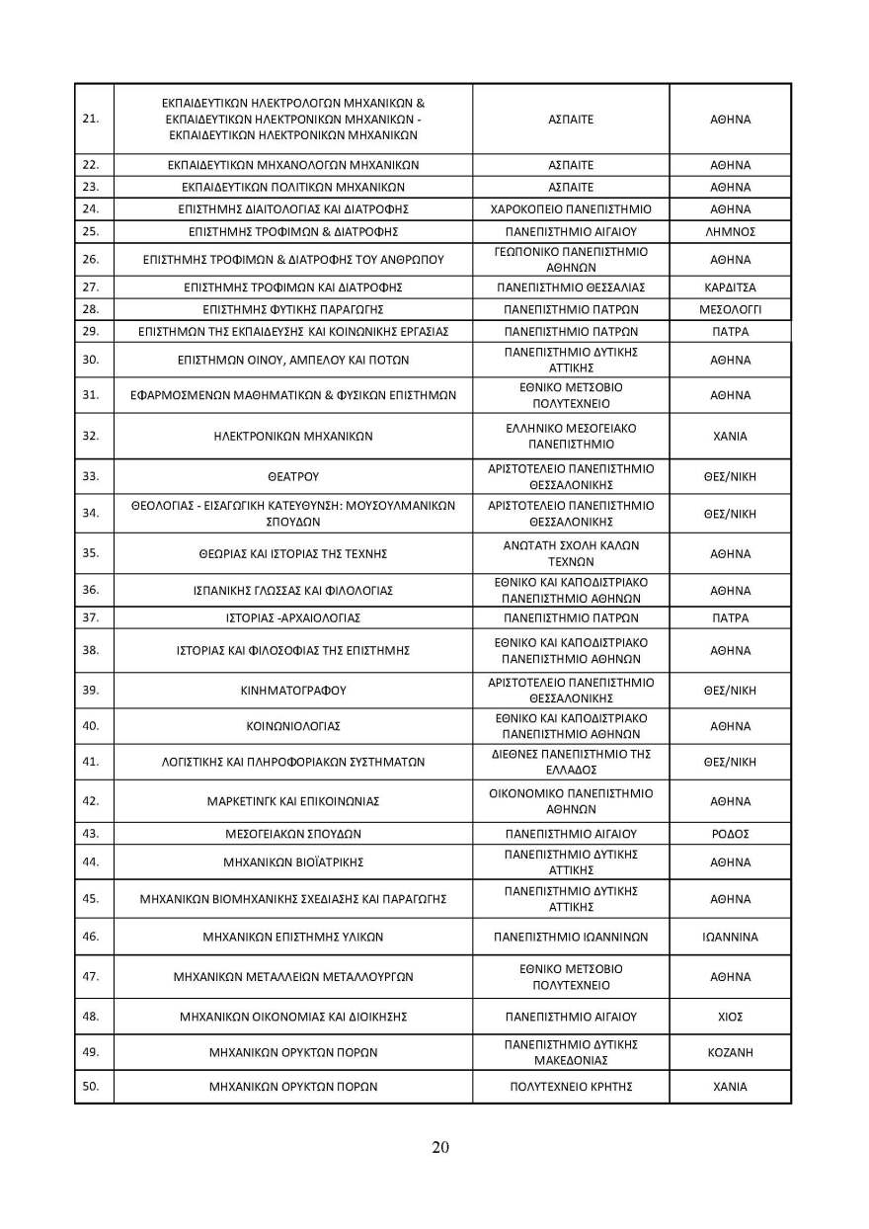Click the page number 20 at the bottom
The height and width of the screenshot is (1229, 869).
(x=440, y=1147)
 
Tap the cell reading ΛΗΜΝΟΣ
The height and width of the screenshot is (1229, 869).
(x=730, y=231)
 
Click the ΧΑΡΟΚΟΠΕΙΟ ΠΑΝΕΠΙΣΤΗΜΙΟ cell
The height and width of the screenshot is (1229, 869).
(x=571, y=209)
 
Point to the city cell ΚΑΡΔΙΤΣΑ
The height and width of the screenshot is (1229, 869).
(x=730, y=287)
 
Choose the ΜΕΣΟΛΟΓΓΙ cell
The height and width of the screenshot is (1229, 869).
(x=730, y=309)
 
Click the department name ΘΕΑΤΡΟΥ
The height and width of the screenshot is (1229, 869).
(x=293, y=476)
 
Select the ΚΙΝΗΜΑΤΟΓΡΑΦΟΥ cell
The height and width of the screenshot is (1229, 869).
(x=293, y=690)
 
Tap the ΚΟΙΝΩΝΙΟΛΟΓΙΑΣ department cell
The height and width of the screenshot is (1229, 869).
(x=293, y=726)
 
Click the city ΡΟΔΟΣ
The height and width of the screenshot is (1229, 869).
(x=730, y=834)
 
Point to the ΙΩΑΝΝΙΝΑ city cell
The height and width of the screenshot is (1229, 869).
(x=730, y=937)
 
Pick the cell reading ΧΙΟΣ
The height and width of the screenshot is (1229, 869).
(x=730, y=1016)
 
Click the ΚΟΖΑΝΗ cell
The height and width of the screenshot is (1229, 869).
(x=730, y=1052)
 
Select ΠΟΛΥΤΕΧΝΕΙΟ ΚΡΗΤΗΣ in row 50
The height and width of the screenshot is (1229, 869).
(x=571, y=1087)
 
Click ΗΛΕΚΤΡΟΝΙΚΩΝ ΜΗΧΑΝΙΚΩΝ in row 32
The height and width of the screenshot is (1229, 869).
(x=293, y=436)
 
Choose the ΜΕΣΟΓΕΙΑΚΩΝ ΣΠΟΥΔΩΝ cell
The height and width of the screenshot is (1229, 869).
(x=293, y=834)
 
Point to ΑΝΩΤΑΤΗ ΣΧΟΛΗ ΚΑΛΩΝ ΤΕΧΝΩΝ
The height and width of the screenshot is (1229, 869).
(x=571, y=552)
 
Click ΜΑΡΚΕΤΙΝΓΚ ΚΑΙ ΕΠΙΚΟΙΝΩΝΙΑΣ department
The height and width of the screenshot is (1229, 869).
(x=293, y=800)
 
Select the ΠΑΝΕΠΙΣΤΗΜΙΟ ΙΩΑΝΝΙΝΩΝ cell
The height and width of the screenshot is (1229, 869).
(x=571, y=937)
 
